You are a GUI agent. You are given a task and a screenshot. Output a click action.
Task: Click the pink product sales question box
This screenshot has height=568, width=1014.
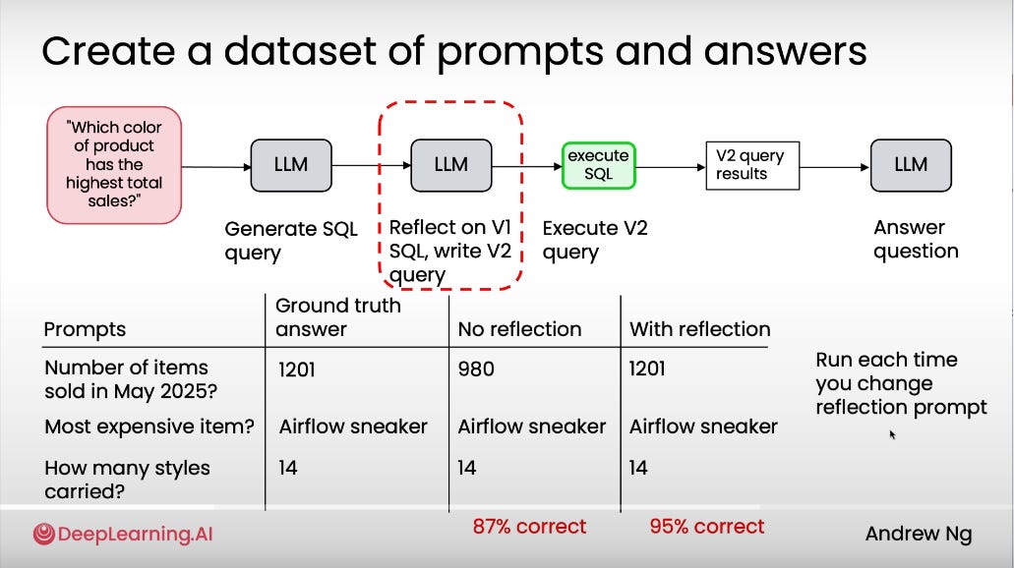point(114,164)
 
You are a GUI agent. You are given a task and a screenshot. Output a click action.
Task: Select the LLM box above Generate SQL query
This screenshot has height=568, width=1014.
point(290,164)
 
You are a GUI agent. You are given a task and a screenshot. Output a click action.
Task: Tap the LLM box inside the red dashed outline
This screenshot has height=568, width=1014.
point(450,164)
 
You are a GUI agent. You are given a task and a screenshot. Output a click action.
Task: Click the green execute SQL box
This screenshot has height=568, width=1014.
point(598,164)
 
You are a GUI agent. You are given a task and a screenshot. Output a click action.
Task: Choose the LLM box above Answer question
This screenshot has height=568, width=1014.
point(911,164)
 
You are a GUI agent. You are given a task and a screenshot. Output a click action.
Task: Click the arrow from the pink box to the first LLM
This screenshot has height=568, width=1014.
point(216,166)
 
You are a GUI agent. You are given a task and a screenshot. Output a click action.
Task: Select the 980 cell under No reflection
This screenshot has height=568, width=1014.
point(476,369)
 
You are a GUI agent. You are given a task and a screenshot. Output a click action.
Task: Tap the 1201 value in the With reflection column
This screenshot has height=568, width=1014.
point(647,369)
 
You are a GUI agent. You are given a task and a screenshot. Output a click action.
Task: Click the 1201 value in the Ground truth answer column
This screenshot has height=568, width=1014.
point(297,369)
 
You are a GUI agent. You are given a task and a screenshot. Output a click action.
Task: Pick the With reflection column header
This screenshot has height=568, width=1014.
point(699,329)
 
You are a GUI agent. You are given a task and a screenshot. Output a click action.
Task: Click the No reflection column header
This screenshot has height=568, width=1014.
point(519,329)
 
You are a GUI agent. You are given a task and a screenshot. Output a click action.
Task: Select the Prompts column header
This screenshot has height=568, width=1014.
point(85,329)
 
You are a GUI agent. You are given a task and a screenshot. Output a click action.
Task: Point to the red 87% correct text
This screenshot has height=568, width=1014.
point(529,527)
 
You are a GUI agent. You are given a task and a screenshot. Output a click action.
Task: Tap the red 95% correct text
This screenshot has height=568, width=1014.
point(706,527)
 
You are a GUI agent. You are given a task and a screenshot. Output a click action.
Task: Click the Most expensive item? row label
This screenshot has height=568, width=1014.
point(149,426)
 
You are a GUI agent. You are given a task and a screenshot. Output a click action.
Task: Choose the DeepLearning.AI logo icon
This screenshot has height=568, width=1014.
point(43,535)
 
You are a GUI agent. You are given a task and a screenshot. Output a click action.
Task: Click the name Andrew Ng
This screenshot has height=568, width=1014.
point(918,535)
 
